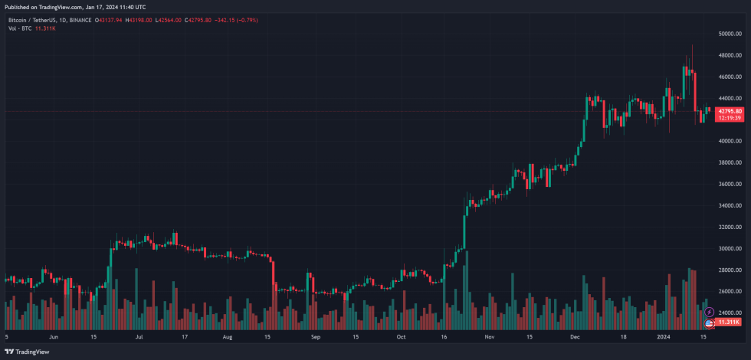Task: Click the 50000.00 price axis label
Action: [730, 34]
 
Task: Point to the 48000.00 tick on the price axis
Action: [730, 56]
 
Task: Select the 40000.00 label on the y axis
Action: [730, 142]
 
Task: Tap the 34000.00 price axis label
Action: [730, 206]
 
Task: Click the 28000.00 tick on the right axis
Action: [730, 270]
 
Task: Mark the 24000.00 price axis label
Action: [730, 313]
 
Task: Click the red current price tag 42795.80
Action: [730, 111]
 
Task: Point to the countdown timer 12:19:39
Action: [730, 118]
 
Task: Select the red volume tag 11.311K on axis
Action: [729, 322]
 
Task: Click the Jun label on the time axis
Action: [54, 336]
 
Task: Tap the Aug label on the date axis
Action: [227, 336]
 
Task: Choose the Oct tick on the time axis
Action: [400, 336]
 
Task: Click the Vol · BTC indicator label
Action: [18, 28]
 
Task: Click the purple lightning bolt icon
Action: [709, 313]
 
